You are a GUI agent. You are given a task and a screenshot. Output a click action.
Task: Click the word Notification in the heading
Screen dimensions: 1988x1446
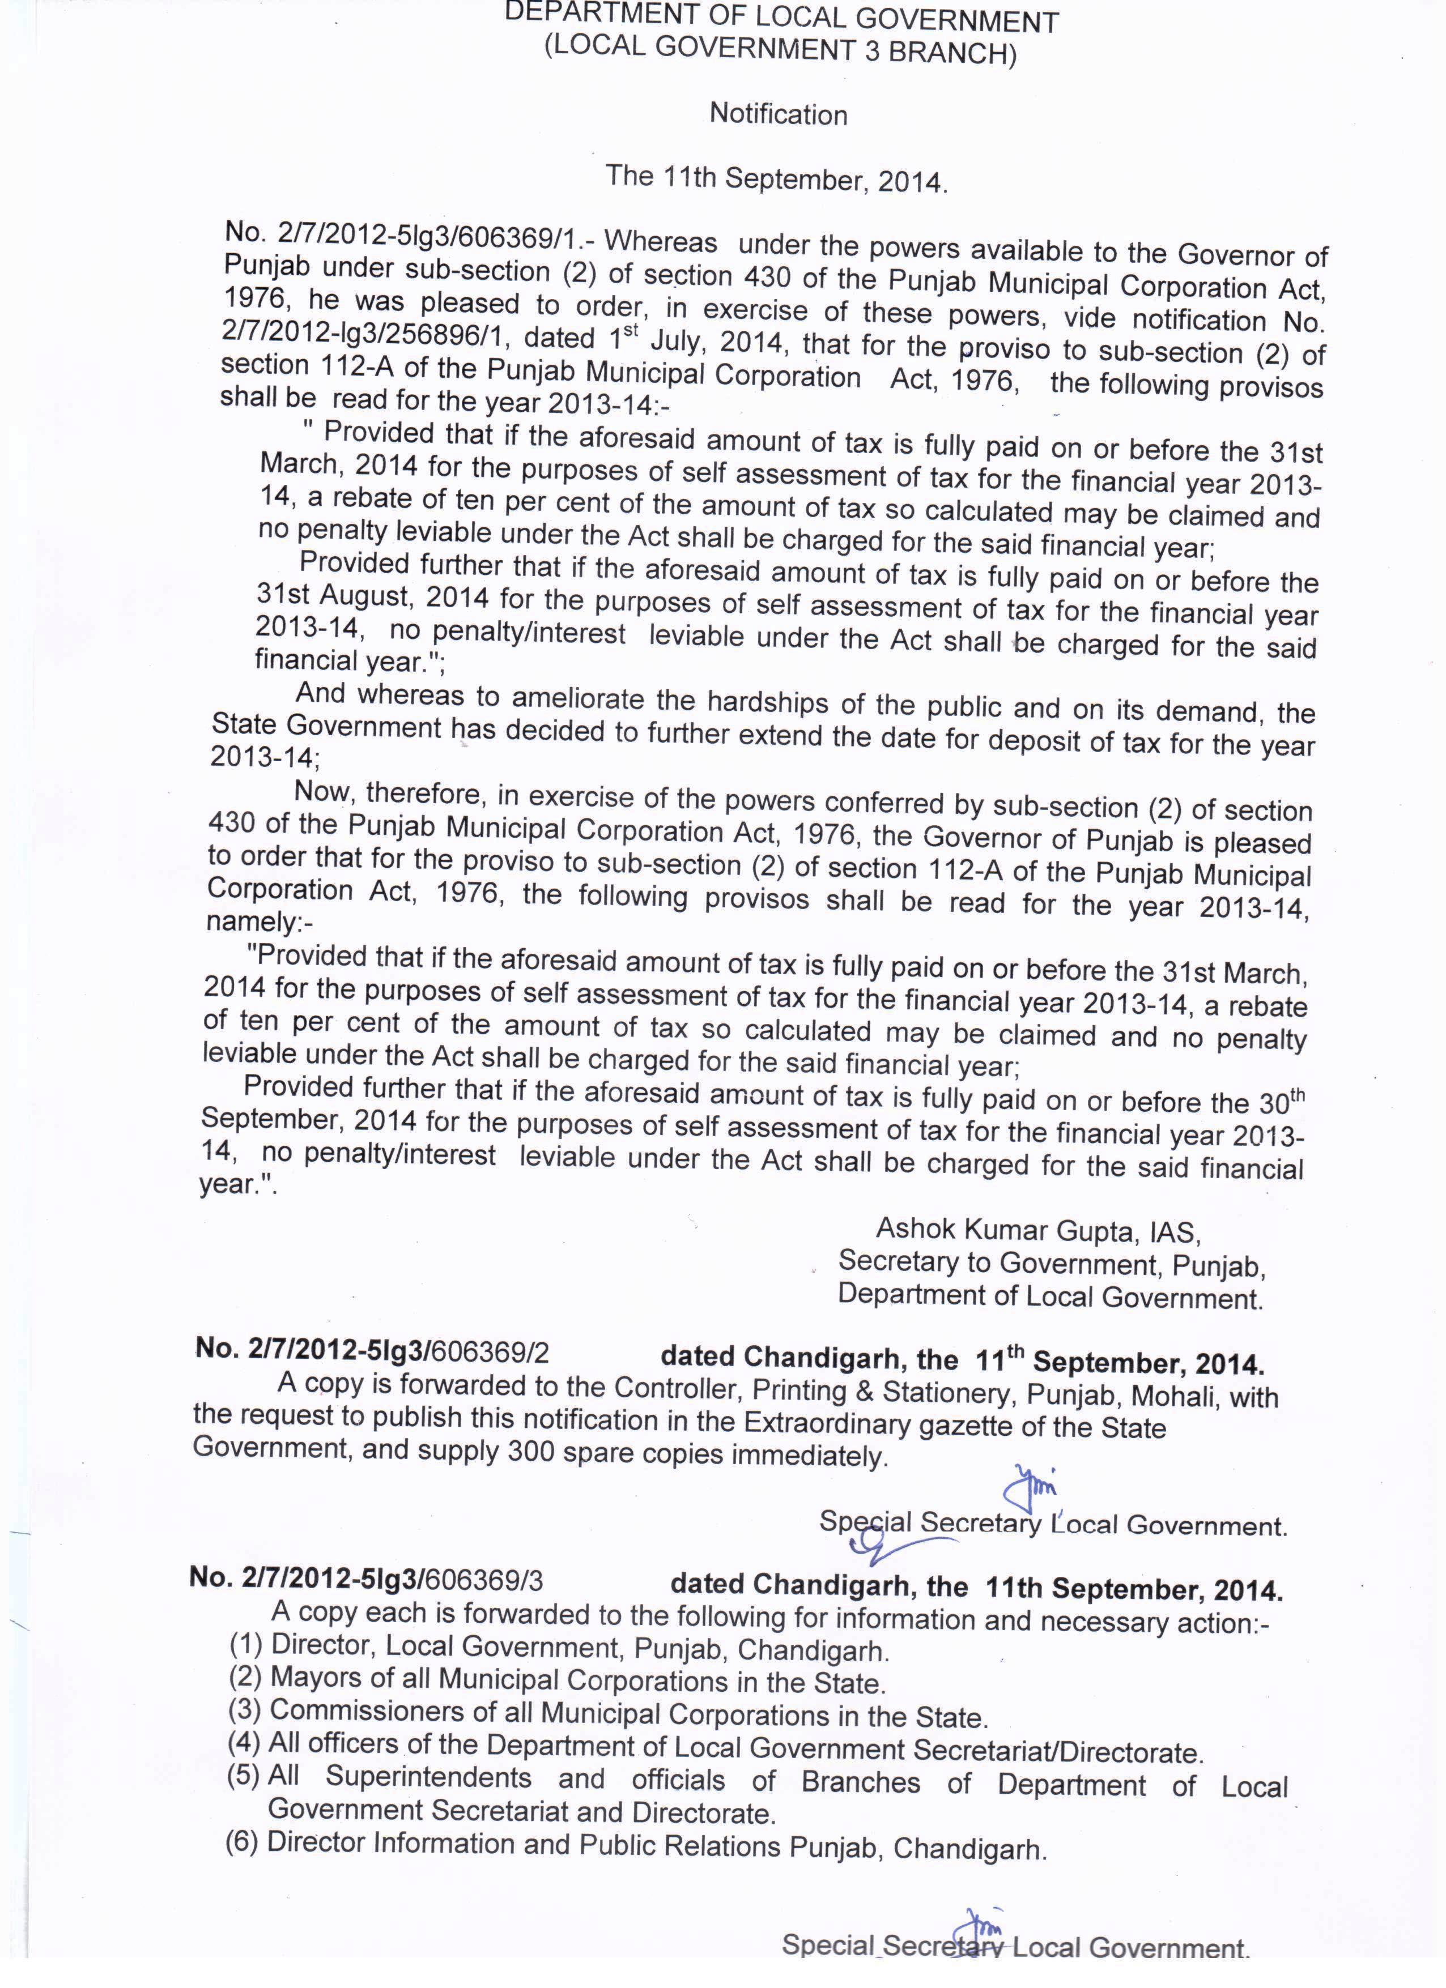pos(778,114)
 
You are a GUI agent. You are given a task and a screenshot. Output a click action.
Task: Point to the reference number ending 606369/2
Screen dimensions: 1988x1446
pos(373,1351)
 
